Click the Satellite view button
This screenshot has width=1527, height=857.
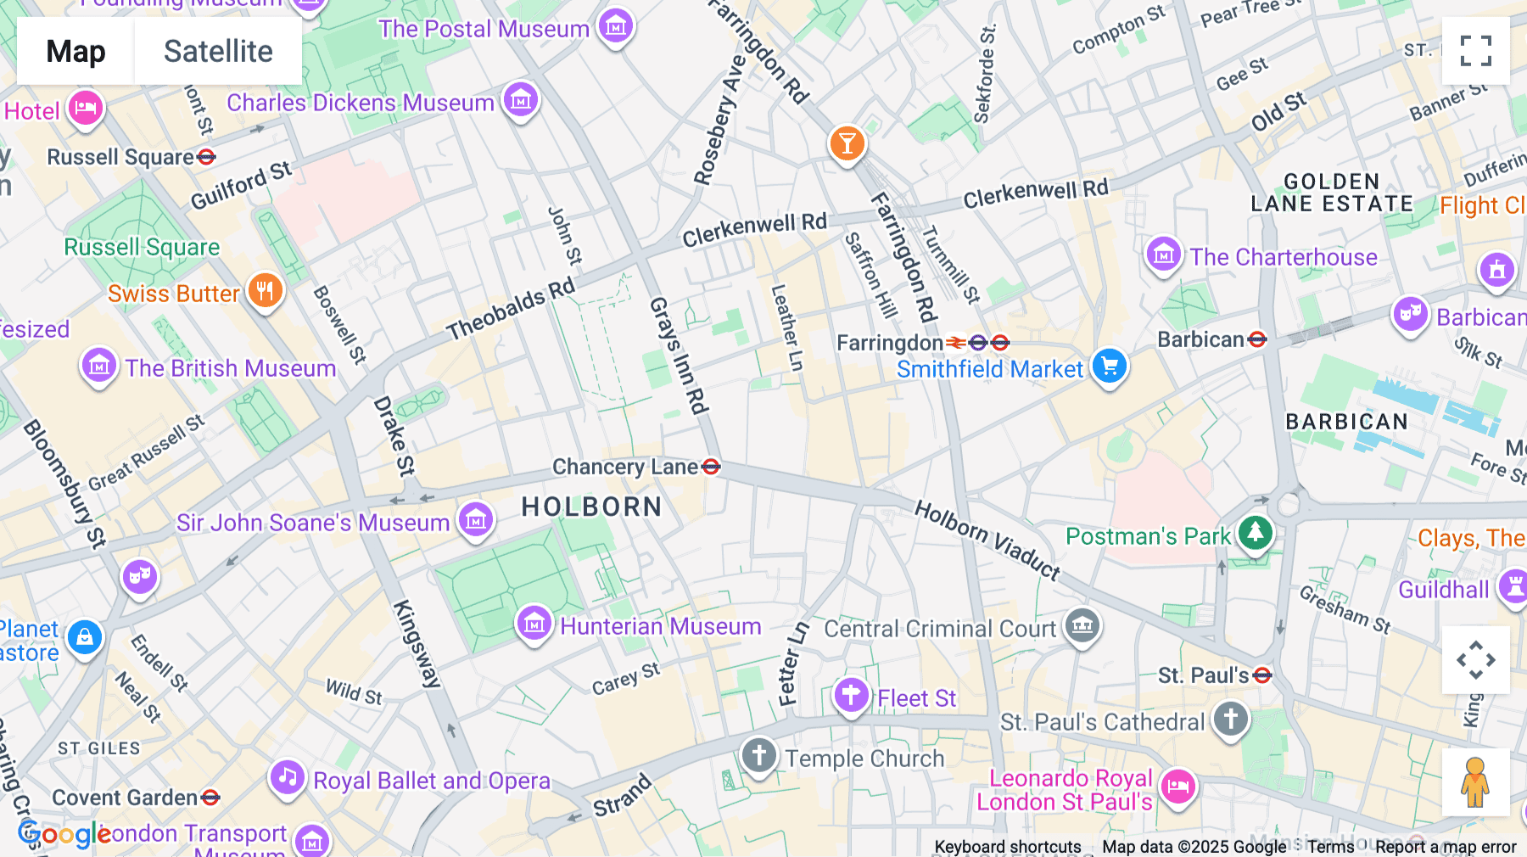pyautogui.click(x=218, y=51)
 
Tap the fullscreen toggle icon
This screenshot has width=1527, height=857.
pyautogui.click(x=1475, y=51)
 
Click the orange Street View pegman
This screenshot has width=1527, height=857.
pyautogui.click(x=1475, y=781)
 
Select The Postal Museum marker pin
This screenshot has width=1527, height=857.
pyautogui.click(x=616, y=27)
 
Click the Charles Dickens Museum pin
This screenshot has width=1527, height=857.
pyautogui.click(x=521, y=101)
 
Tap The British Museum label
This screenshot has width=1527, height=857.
pyautogui.click(x=231, y=368)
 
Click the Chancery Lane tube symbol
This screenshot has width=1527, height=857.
pyautogui.click(x=712, y=467)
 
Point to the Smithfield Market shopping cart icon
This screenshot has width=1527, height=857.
pyautogui.click(x=1109, y=367)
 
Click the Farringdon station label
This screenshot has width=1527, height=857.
pyautogui.click(x=889, y=343)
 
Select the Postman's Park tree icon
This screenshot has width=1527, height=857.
pyautogui.click(x=1256, y=534)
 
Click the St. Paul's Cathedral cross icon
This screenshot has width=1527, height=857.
pyautogui.click(x=1230, y=720)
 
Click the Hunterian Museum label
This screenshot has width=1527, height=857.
pyautogui.click(x=660, y=626)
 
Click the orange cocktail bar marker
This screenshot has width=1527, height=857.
pyautogui.click(x=847, y=143)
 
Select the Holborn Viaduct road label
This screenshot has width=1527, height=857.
pyautogui.click(x=987, y=540)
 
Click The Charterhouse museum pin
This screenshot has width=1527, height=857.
pyautogui.click(x=1163, y=255)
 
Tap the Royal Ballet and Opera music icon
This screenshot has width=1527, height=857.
pyautogui.click(x=288, y=777)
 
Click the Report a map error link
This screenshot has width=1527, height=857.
pyautogui.click(x=1446, y=847)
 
